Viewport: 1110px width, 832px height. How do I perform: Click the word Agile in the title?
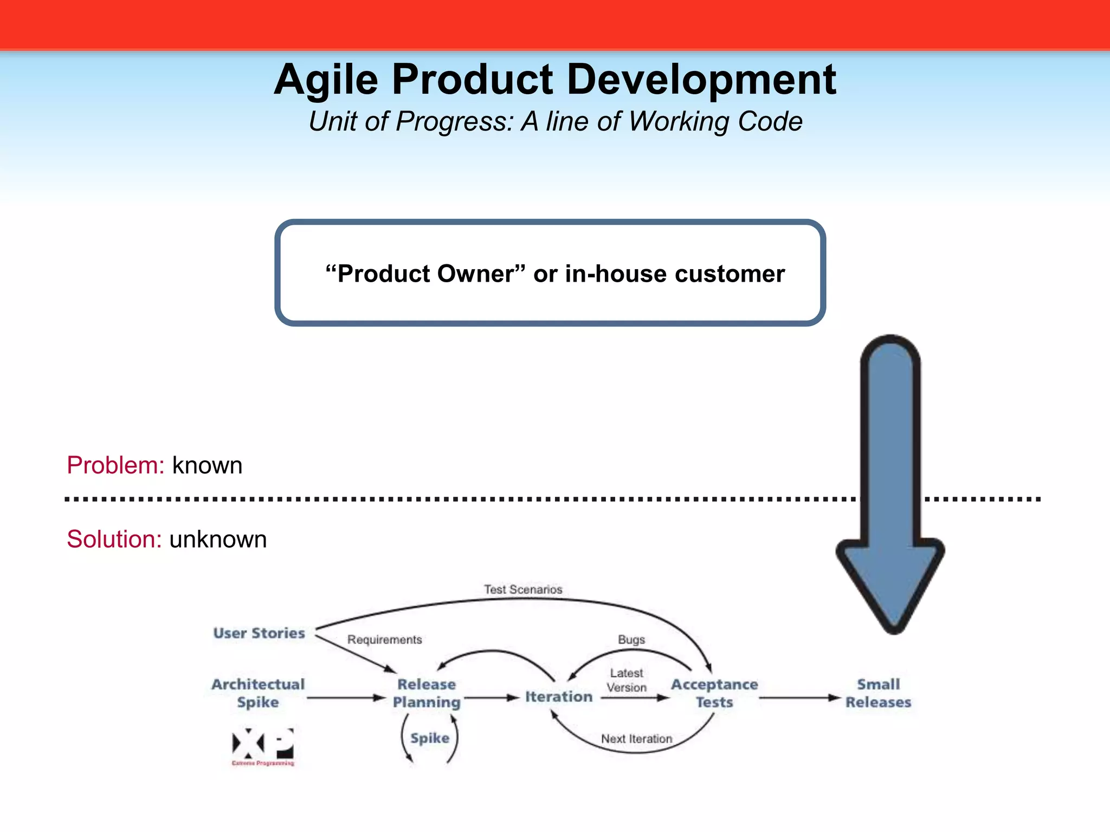pyautogui.click(x=326, y=80)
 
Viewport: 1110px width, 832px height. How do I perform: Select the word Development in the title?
pyautogui.click(x=701, y=80)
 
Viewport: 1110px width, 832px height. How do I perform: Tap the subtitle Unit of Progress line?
pyautogui.click(x=555, y=121)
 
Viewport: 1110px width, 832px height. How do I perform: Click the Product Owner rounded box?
pyautogui.click(x=550, y=273)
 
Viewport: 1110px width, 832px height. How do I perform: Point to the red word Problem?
pyautogui.click(x=115, y=465)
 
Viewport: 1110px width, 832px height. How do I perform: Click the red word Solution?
pyautogui.click(x=114, y=539)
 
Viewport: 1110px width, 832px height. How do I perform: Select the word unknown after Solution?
pyautogui.click(x=218, y=539)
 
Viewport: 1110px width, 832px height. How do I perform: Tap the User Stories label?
pyautogui.click(x=259, y=633)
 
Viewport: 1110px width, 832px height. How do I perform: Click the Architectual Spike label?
pyautogui.click(x=258, y=693)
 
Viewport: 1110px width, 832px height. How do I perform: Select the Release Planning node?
pyautogui.click(x=427, y=693)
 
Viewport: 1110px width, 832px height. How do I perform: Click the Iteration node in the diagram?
pyautogui.click(x=559, y=697)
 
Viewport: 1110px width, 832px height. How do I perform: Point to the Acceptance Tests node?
pyautogui.click(x=714, y=693)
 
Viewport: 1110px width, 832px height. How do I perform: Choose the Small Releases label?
pyautogui.click(x=878, y=693)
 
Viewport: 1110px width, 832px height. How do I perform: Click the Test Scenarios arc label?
pyautogui.click(x=523, y=589)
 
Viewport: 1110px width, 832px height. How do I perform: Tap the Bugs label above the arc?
pyautogui.click(x=631, y=640)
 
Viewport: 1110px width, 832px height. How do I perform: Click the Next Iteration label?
pyautogui.click(x=636, y=739)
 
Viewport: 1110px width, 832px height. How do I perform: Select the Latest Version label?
pyautogui.click(x=627, y=680)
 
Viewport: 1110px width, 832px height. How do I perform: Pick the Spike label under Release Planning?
pyautogui.click(x=430, y=738)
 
